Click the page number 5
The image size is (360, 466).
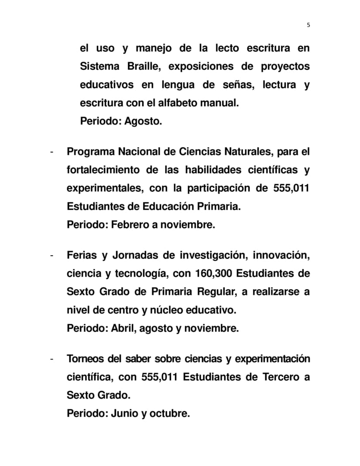(309, 25)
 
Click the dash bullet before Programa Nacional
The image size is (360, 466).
(52, 152)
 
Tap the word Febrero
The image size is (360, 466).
(128, 225)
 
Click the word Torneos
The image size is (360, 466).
(86, 359)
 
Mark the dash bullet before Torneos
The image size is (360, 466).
(52, 359)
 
